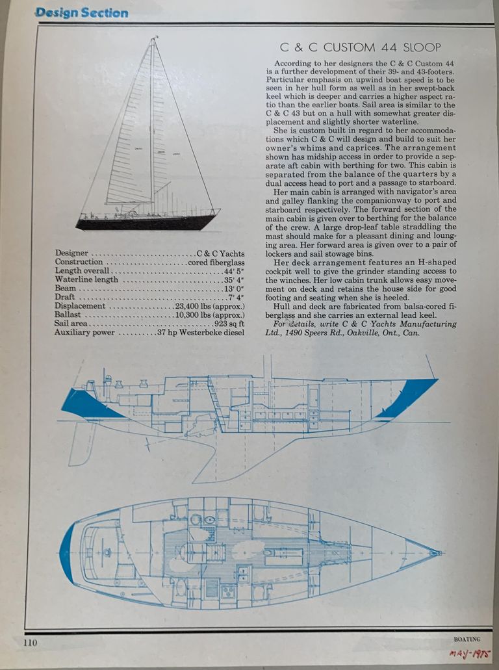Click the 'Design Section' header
(82, 13)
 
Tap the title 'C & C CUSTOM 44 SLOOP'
(360, 47)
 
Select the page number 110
(30, 642)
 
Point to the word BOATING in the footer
(467, 639)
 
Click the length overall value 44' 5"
(234, 271)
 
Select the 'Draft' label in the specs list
(64, 296)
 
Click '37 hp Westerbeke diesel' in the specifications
(200, 333)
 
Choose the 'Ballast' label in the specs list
(68, 315)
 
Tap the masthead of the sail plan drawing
(153, 38)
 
